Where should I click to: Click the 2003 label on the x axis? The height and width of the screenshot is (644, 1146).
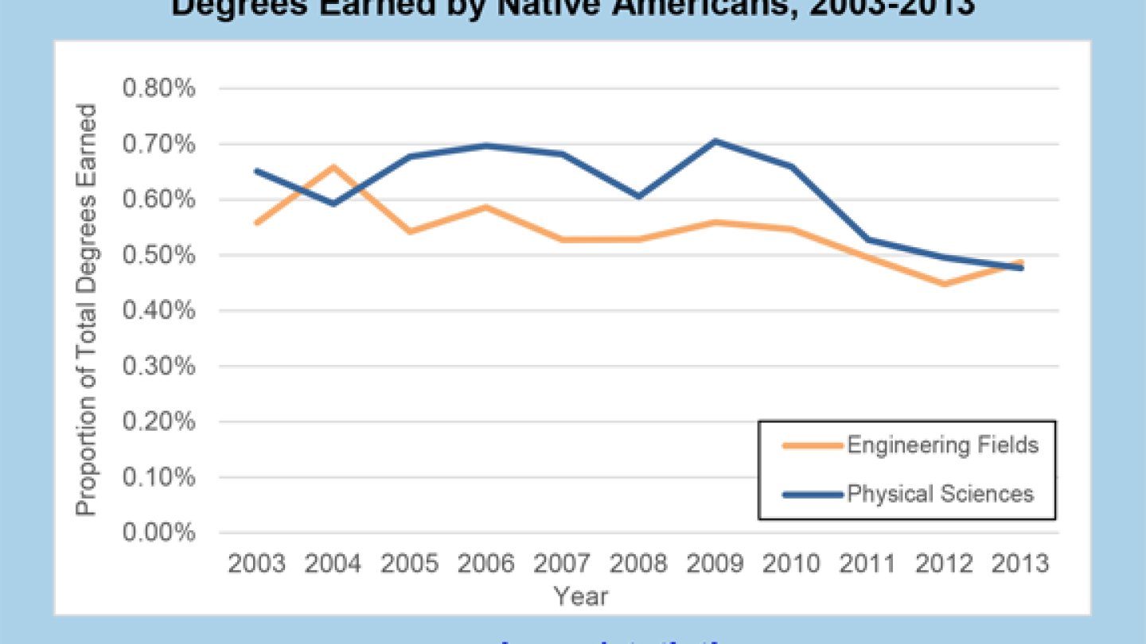256,564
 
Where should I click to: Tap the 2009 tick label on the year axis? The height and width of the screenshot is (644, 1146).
715,564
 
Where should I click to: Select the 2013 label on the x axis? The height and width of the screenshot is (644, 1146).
1021,564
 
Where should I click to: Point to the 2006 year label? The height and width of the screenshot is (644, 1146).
485,564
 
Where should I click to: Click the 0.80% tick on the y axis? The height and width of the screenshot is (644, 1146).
159,89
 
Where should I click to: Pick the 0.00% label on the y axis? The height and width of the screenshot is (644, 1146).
159,533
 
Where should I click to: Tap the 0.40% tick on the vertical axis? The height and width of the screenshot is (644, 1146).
159,311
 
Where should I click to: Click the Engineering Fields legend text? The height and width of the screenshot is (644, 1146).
943,445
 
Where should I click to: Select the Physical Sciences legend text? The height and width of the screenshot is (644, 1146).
940,494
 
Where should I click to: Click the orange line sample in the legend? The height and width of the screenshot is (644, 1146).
812,446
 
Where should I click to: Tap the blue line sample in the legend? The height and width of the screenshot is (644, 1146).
812,495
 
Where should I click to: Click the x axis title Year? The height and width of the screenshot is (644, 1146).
581,596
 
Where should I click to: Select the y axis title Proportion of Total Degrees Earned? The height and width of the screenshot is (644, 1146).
87,310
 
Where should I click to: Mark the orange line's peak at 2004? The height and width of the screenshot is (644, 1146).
332,167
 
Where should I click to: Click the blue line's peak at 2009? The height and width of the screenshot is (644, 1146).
715,142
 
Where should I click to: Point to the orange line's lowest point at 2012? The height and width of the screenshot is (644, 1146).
945,284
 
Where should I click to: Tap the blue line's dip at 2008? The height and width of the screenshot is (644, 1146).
639,196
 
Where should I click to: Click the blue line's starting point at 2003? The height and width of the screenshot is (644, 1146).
256,171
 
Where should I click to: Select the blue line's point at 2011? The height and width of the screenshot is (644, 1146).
868,239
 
